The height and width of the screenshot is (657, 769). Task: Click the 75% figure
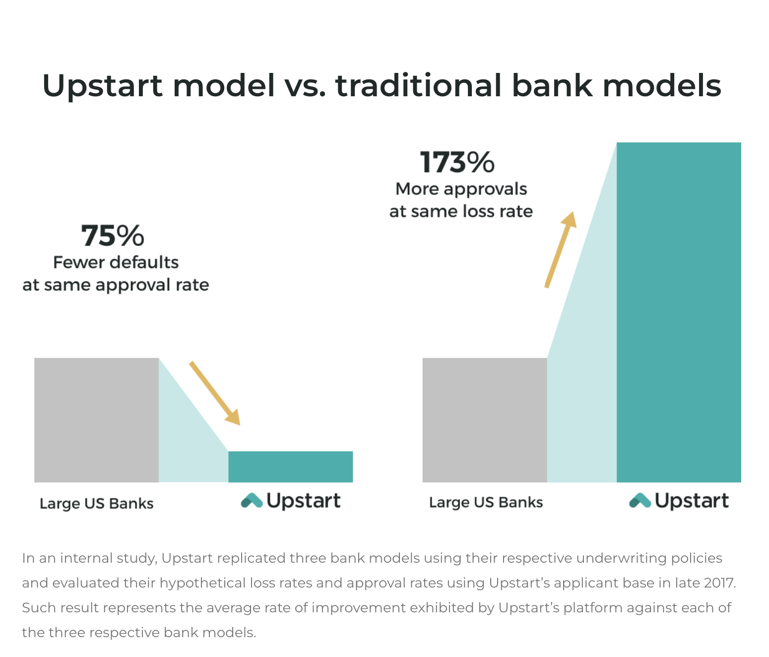click(112, 236)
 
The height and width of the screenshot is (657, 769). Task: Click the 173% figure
click(457, 163)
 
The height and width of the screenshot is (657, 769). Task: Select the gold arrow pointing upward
click(561, 250)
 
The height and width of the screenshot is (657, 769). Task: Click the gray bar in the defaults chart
click(96, 420)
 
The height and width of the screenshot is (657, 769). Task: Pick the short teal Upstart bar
click(291, 467)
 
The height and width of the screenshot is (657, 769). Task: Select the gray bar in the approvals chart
click(485, 420)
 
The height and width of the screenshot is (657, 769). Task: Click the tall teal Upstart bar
click(679, 313)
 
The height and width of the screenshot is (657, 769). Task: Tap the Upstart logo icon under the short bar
click(252, 500)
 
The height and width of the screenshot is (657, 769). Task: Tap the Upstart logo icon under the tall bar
click(640, 500)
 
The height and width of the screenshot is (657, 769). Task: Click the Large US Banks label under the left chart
click(97, 504)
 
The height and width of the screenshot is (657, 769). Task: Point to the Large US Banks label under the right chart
click(486, 503)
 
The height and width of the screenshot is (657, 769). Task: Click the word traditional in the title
click(419, 85)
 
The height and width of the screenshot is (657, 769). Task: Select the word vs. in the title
click(305, 86)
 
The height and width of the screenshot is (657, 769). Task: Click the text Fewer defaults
click(116, 263)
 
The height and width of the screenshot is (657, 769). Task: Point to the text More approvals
click(461, 190)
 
